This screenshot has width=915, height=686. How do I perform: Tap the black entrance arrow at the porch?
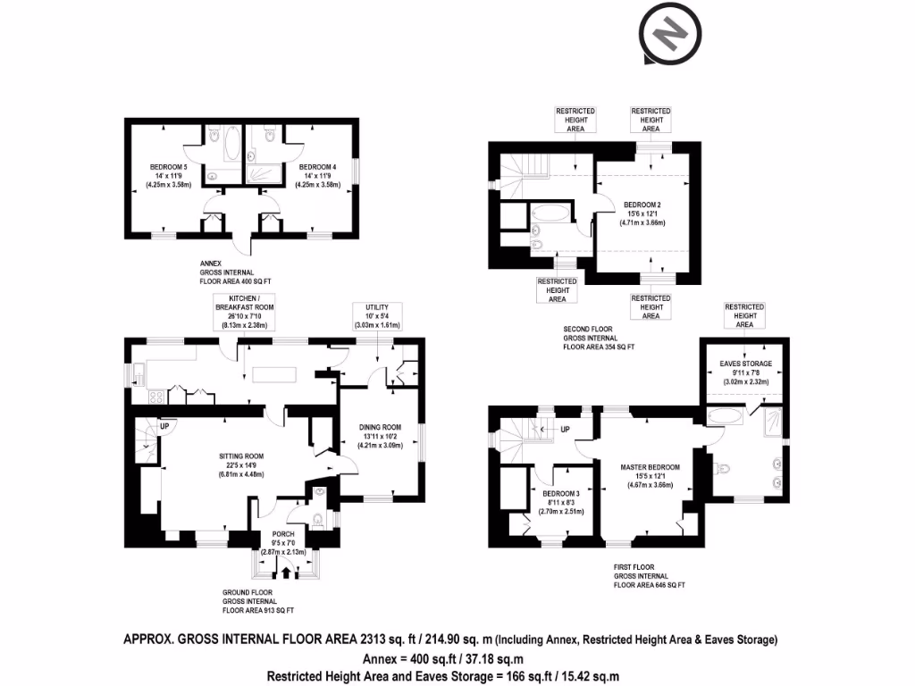[x=286, y=572]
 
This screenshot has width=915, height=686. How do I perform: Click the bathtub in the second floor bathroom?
[x=547, y=215]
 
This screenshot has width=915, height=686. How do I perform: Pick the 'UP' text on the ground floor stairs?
[x=163, y=426]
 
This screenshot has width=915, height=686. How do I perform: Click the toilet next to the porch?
[x=319, y=519]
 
